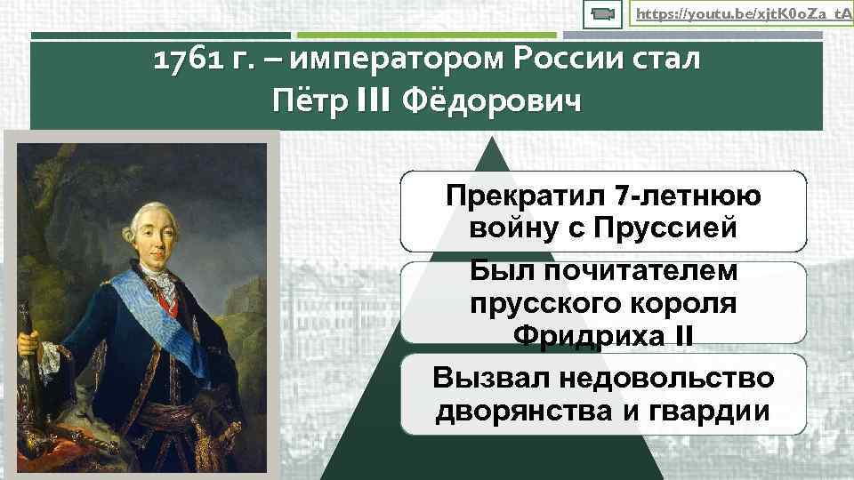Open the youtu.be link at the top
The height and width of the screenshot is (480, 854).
[738, 14]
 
